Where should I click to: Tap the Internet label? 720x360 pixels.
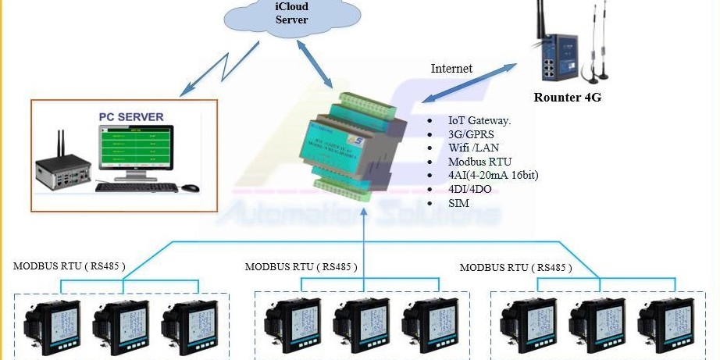(x=451, y=68)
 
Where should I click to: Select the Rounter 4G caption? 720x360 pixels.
(x=568, y=98)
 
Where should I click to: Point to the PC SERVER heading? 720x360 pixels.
(x=130, y=117)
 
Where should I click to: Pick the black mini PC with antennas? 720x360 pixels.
(x=63, y=169)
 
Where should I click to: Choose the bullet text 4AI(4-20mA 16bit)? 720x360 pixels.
(x=493, y=175)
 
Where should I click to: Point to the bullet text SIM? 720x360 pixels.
(x=458, y=202)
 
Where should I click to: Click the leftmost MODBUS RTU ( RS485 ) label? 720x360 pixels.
(x=70, y=266)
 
